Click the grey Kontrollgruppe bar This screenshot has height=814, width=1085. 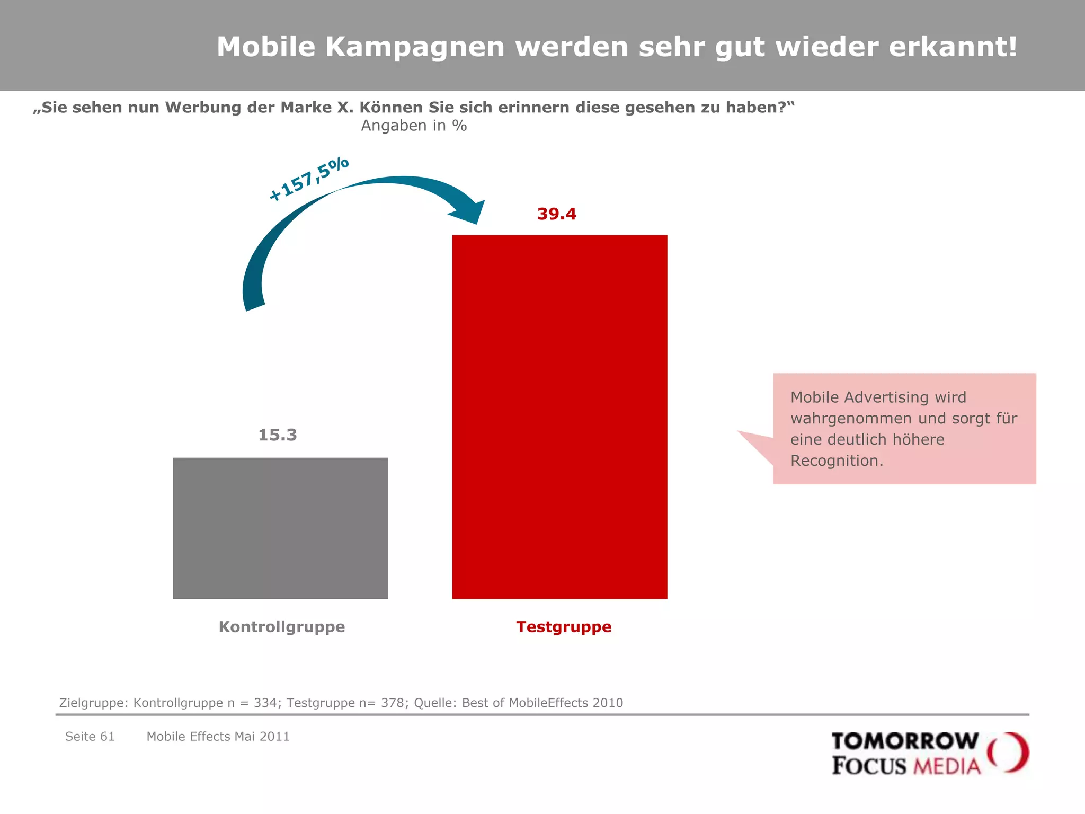[x=280, y=528]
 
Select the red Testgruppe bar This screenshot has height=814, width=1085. [x=559, y=417]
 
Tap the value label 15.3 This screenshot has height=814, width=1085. [x=278, y=435]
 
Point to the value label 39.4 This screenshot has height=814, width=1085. [x=556, y=214]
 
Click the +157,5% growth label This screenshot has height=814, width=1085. [x=309, y=179]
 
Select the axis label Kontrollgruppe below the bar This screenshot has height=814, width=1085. [x=282, y=627]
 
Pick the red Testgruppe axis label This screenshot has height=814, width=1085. [x=564, y=627]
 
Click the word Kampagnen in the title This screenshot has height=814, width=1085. [x=415, y=47]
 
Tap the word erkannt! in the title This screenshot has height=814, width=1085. [x=953, y=47]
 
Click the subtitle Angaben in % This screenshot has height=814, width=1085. [x=414, y=126]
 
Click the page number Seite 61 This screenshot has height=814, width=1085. [x=90, y=737]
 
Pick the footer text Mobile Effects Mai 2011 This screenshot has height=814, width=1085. [x=218, y=737]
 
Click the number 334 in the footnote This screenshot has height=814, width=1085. [x=265, y=703]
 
